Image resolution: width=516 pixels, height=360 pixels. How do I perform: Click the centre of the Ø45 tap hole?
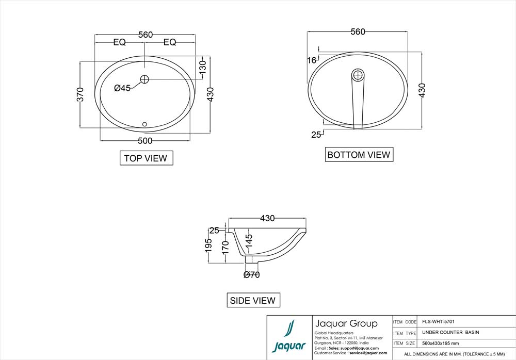(144, 79)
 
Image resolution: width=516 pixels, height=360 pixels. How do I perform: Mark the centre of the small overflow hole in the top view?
(144, 124)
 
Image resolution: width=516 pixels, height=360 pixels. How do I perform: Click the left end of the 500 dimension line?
(101, 140)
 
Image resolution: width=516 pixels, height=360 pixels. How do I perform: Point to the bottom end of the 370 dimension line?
(80, 128)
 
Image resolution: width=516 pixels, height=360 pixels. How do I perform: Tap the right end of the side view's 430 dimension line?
(306, 218)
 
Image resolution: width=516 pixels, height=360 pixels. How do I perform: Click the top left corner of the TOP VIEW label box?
(120, 151)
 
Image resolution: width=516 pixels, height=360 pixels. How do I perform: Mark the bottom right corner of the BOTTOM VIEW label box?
(393, 161)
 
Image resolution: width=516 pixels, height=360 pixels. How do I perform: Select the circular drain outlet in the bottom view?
(358, 75)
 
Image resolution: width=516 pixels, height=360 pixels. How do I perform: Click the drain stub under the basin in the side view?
(251, 259)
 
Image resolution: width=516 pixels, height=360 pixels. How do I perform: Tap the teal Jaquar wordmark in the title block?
(289, 347)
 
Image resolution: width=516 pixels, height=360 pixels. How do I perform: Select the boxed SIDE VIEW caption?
(253, 300)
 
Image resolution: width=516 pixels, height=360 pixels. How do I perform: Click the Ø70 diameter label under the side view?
(252, 274)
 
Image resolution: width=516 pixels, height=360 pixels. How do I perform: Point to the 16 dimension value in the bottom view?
(312, 60)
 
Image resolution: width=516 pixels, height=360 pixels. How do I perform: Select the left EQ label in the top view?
(120, 42)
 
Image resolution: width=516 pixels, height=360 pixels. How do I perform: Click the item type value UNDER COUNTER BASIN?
(450, 332)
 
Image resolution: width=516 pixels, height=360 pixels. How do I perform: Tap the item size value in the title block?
(440, 343)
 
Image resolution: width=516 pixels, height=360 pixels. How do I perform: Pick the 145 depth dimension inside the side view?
(249, 240)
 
